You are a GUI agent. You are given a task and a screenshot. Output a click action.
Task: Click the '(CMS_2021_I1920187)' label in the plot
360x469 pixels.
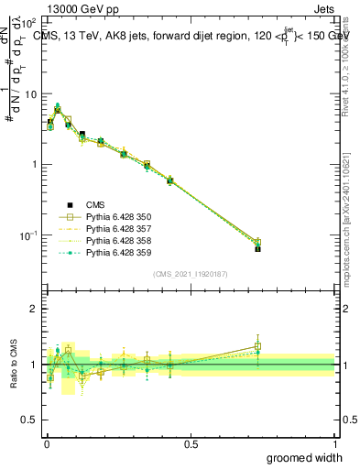click(x=190, y=274)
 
